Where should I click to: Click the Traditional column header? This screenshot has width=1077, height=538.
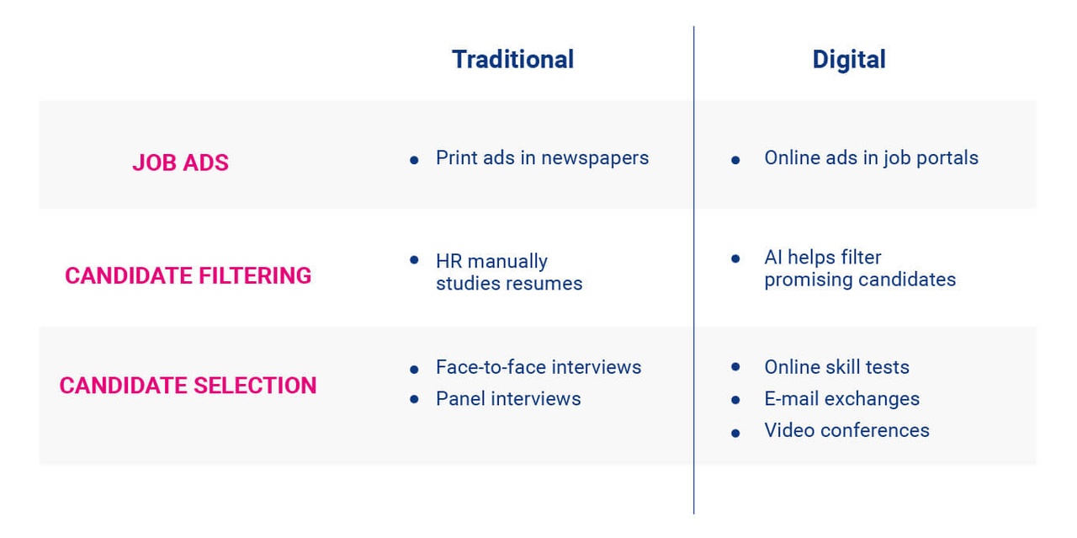coord(512,60)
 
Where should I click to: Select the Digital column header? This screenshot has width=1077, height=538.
coord(848,60)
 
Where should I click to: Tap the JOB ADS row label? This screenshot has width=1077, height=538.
coord(180,162)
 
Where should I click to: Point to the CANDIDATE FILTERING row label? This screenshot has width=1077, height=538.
coord(188,275)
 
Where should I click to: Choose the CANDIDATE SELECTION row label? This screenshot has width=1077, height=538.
coord(188,386)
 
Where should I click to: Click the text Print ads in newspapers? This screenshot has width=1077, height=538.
coord(542,158)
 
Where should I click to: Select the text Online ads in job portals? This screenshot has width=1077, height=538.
coord(871,158)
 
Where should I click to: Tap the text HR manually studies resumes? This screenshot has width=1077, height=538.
coord(508,272)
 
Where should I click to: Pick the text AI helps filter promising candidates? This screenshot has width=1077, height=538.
coord(859,269)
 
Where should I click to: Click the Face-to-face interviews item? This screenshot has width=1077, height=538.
coord(538,367)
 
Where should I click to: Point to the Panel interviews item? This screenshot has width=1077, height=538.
coord(508,398)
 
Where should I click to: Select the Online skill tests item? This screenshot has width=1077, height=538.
coord(836,367)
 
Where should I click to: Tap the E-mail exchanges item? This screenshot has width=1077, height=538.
coord(841,398)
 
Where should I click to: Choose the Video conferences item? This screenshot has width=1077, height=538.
coord(846,430)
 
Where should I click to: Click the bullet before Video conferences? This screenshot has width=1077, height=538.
coord(736,433)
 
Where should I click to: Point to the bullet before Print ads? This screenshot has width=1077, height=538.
coord(414,160)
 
